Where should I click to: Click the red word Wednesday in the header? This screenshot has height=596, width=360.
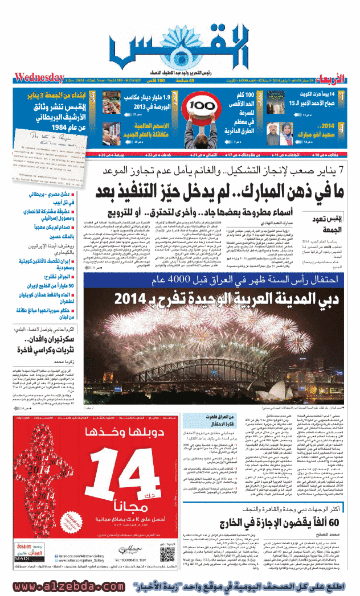(x=39, y=77)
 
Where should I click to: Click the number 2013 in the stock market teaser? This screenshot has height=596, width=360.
(x=126, y=106)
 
